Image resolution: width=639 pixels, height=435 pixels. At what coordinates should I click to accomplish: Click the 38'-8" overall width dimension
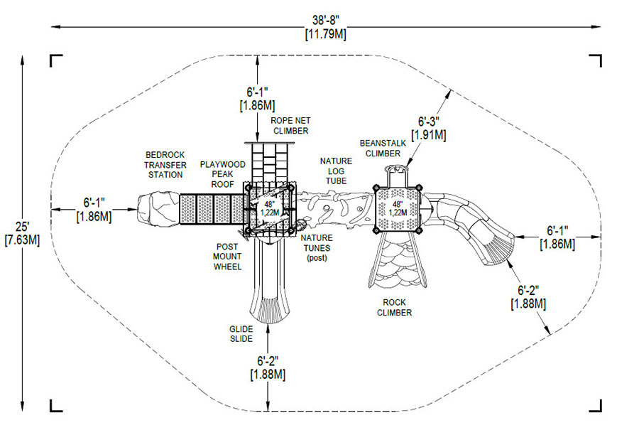coord(326,20)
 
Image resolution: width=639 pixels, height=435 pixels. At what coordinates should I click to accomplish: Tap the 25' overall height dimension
coord(22,227)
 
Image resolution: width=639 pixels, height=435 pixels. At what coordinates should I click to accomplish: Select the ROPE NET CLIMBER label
coord(290,126)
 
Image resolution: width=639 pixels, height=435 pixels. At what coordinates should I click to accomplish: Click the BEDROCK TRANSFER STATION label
coord(165,165)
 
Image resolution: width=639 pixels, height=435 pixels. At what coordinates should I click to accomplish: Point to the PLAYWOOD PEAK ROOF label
coord(222,174)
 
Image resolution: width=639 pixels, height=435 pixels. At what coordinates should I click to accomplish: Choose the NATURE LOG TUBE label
coord(336,171)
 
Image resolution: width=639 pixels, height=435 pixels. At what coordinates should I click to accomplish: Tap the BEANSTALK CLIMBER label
coord(383,148)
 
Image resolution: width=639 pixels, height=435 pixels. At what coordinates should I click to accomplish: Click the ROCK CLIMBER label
coord(394,308)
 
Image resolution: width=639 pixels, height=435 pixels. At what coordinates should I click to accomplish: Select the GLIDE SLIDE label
coord(241,334)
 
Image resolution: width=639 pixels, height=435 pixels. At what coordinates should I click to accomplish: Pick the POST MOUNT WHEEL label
coord(227,257)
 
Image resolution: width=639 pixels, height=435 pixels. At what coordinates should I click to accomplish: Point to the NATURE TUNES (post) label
coord(317,247)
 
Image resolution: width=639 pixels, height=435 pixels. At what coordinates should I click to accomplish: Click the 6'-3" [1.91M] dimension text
coord(429,128)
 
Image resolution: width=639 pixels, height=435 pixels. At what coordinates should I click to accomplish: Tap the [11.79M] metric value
coord(326,34)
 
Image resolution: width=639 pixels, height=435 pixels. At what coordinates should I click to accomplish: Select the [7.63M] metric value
coord(22,240)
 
